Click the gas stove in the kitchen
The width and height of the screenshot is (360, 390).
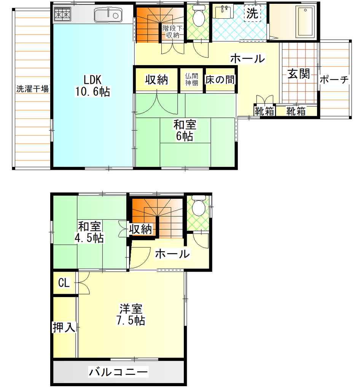pos(63,14)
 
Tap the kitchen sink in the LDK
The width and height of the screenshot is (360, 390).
pos(108,15)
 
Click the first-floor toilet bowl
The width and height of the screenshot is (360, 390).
pos(199,16)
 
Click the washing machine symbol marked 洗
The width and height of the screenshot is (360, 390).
pos(252,13)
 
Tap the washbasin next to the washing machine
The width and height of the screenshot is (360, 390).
pos(223,12)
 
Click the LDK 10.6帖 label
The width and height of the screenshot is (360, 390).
pos(92,86)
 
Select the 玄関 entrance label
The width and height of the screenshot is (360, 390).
pos(299,74)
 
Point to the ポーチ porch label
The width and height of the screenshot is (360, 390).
pos(335,80)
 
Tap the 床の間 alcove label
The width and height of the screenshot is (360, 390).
pos(220,80)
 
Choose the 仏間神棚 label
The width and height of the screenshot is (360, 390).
pos(191,79)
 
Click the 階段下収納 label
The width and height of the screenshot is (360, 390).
pos(173,32)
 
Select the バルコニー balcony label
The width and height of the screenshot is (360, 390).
pos(118,372)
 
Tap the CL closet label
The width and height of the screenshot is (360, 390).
pos(64,283)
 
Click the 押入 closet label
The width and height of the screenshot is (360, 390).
pos(64,327)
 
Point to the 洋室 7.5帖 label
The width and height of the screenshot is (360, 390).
pos(131,315)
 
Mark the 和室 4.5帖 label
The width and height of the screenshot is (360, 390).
pos(89,232)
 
